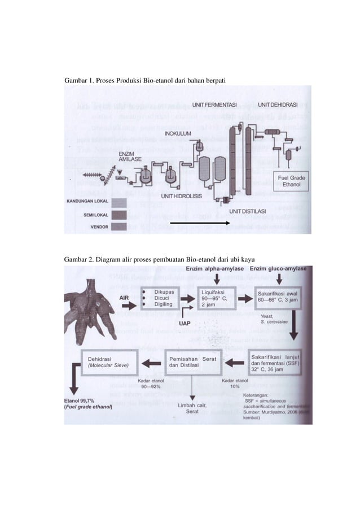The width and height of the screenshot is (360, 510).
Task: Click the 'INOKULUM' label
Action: pyautogui.click(x=178, y=133)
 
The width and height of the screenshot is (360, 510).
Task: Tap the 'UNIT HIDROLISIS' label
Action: pyautogui.click(x=184, y=196)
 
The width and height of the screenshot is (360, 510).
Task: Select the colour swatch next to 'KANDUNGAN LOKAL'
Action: pyautogui.click(x=119, y=202)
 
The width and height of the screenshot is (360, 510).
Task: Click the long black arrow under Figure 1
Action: pyautogui.click(x=199, y=224)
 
